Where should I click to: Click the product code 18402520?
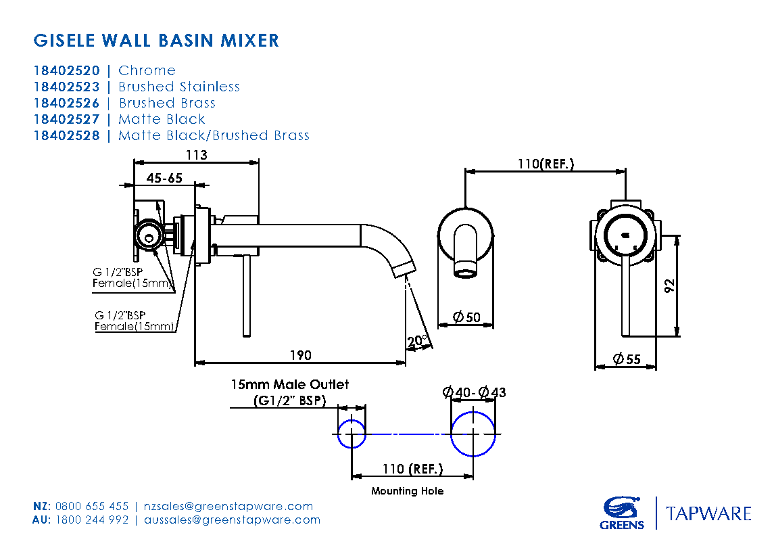pyautogui.click(x=66, y=70)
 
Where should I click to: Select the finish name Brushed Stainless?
pyautogui.click(x=179, y=87)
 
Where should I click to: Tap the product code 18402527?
pyautogui.click(x=66, y=119)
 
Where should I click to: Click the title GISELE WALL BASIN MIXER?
pyautogui.click(x=156, y=41)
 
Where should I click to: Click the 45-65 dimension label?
pyautogui.click(x=164, y=178)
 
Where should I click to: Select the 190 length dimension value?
pyautogui.click(x=301, y=356)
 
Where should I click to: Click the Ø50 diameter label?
pyautogui.click(x=466, y=317)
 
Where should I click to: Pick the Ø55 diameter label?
pyautogui.click(x=626, y=359)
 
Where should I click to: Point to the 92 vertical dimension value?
pyautogui.click(x=669, y=285)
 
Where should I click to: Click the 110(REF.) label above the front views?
pyautogui.click(x=546, y=164)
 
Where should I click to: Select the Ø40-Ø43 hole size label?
pyautogui.click(x=474, y=392)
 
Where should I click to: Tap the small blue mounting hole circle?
pyautogui.click(x=352, y=433)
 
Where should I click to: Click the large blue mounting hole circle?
pyautogui.click(x=473, y=433)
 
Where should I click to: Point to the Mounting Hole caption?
pyautogui.click(x=407, y=491)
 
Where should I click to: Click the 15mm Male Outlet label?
pyautogui.click(x=290, y=384)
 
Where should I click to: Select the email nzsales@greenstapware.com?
pyautogui.click(x=228, y=506)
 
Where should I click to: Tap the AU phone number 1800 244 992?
pyautogui.click(x=92, y=520)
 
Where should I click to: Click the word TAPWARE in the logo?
pyautogui.click(x=708, y=513)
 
